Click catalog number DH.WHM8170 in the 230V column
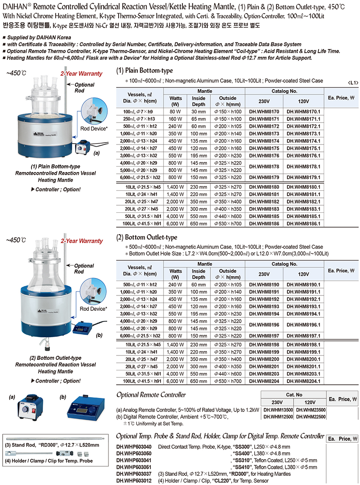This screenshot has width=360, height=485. coord(264,112)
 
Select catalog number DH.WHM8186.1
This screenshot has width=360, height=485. coord(303,224)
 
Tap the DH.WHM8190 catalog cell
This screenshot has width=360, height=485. coord(264,285)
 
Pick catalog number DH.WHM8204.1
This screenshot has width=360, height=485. coord(303,381)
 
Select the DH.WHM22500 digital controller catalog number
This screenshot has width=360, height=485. coord(311,417)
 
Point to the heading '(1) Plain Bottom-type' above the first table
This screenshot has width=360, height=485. coord(144,71)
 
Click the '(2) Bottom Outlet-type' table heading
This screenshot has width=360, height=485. coord(147,238)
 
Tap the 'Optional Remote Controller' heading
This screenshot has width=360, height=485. coord(151,395)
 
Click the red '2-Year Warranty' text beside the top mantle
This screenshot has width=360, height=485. coord(81,74)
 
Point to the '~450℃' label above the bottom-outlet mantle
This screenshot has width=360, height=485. coord(16,240)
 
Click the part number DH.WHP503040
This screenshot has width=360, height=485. coord(134,446)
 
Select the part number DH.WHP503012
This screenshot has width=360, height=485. coord(134,481)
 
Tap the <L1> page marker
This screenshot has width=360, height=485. coord(353,83)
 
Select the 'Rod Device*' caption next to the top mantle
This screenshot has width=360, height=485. coord(94,129)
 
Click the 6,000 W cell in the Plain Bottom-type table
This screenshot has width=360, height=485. coord(175,224)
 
